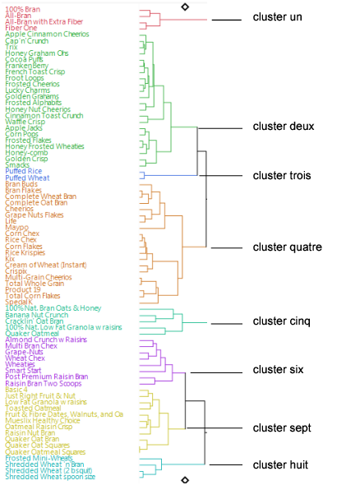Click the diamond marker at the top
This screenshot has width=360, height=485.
185,7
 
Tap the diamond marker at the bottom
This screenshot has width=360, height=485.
185,479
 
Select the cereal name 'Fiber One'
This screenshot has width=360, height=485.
21,28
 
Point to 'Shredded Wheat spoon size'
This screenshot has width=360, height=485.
51,477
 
